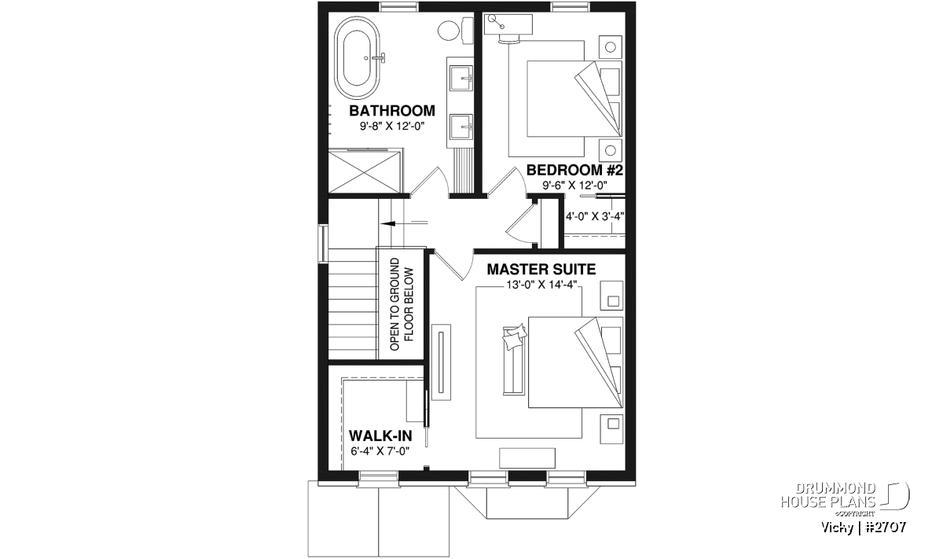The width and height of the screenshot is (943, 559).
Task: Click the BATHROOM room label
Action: pyautogui.click(x=392, y=111)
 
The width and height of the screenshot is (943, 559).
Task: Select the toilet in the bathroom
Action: pyautogui.click(x=456, y=30)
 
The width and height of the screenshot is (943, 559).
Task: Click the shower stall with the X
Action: pyautogui.click(x=365, y=172)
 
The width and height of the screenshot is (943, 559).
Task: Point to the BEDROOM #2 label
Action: pyautogui.click(x=574, y=170)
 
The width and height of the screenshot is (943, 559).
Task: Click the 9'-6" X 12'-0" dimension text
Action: pyautogui.click(x=574, y=185)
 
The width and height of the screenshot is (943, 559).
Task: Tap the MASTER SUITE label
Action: pyautogui.click(x=541, y=270)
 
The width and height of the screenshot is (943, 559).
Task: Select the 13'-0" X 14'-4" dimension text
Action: pyautogui.click(x=541, y=285)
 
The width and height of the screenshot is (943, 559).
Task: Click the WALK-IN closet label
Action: pyautogui.click(x=380, y=435)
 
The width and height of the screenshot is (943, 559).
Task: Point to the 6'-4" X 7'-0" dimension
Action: pyautogui.click(x=380, y=451)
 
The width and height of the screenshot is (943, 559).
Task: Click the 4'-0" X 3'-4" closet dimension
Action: pyautogui.click(x=594, y=216)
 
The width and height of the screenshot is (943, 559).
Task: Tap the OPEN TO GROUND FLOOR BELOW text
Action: pyautogui.click(x=402, y=304)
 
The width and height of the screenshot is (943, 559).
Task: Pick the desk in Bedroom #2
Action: pyautogui.click(x=508, y=24)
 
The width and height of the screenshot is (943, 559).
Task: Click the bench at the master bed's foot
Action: pyautogui.click(x=514, y=361)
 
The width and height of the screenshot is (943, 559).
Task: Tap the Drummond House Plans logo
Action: pyautogui.click(x=845, y=498)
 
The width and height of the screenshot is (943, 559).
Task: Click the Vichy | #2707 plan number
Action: pyautogui.click(x=864, y=528)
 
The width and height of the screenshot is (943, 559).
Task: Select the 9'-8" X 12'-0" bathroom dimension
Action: pyautogui.click(x=392, y=126)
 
